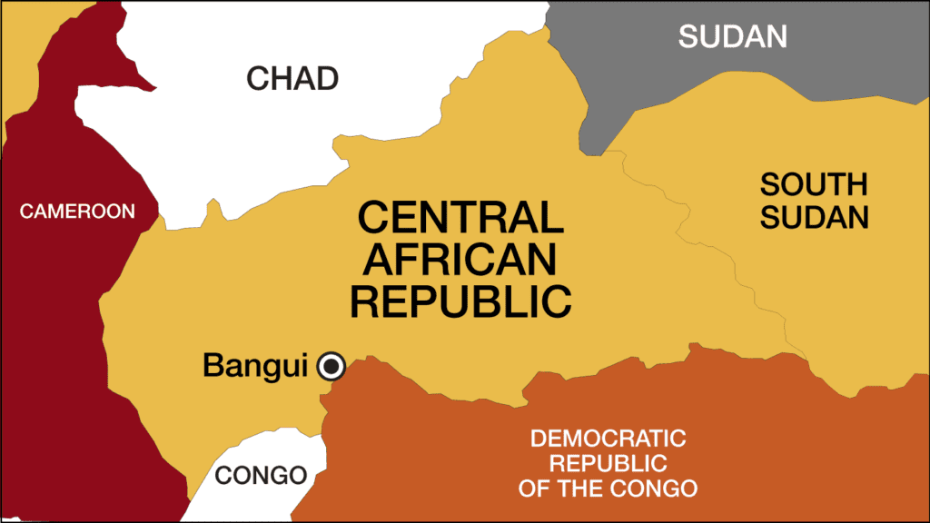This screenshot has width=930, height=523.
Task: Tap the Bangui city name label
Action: pos(258,366)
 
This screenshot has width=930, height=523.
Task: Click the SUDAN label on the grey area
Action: pos(732,36)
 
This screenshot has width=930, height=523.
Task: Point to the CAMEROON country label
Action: pos(77,212)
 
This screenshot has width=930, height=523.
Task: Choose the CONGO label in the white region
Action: pos(261,475)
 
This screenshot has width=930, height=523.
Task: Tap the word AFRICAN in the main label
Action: pos(460,260)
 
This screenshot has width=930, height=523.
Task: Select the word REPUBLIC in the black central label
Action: pos(460,301)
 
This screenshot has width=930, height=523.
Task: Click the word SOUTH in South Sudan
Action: pos(814,184)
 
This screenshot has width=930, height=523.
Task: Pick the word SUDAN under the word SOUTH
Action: pos(814,218)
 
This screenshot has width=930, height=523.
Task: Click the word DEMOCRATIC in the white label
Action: pos(608,439)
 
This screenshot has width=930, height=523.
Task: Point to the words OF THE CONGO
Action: pos(608,488)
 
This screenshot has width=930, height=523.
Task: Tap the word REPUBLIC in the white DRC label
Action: pos(608,464)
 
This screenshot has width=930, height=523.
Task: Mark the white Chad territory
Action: pos(227,154)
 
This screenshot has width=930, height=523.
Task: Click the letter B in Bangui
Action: pos(213,366)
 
